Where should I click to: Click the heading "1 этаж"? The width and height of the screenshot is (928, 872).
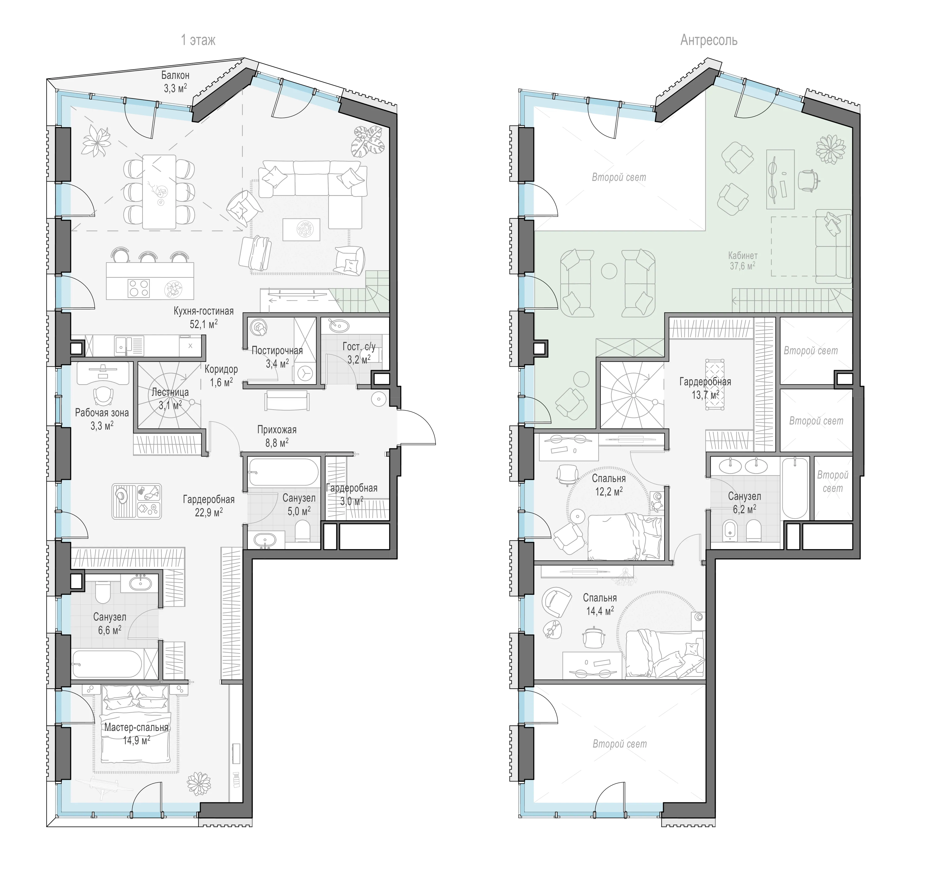tap(198, 41)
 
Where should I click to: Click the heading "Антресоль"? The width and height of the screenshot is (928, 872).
tap(709, 41)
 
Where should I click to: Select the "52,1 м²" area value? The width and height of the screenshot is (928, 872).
tap(203, 324)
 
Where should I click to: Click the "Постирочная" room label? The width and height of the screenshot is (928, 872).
tap(277, 350)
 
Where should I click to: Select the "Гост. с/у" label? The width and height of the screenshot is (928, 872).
tap(359, 347)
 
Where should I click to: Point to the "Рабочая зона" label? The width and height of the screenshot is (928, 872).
tap(102, 412)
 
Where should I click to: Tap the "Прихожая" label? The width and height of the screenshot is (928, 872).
tap(277, 430)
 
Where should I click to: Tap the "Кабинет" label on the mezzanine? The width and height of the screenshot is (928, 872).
tap(743, 256)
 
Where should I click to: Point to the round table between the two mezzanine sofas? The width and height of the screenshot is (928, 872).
tap(609, 271)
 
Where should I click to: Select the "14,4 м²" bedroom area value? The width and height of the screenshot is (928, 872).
tap(600, 611)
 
